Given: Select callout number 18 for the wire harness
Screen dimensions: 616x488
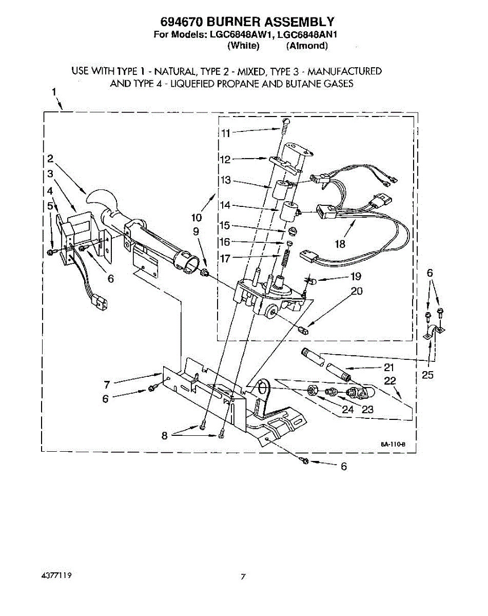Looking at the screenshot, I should pos(340,244).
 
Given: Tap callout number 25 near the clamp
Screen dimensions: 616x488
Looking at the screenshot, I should pos(427,375).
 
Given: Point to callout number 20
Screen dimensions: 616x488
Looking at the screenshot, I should pos(357,292).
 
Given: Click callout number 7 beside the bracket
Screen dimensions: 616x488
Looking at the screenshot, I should pos(107,384).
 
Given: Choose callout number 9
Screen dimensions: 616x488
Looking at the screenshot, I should pos(196,232).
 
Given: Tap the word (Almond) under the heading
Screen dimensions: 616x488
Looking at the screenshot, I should pos(307,46).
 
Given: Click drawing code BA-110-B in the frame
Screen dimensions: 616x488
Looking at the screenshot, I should pos(393,445).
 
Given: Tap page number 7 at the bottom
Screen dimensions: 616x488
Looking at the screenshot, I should pos(244,576).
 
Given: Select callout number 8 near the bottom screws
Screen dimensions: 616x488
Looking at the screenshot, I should pos(165,436).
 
